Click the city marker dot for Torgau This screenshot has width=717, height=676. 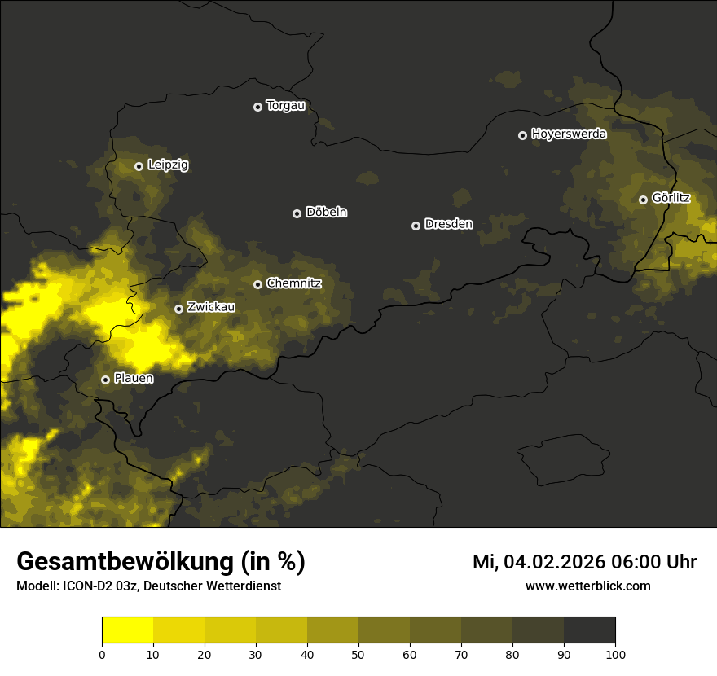257,107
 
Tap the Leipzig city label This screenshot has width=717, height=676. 168,165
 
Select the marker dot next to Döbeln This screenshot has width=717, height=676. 297,213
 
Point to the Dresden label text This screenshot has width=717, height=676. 448,224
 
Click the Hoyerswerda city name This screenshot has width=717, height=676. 569,134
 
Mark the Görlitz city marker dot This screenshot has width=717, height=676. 643,200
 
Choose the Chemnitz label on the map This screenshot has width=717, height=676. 293,283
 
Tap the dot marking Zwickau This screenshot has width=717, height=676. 178,309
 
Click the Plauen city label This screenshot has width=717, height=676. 134,379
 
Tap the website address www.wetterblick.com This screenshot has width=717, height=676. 587,586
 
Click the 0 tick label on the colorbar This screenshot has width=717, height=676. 102,653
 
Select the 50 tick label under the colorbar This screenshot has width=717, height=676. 358,653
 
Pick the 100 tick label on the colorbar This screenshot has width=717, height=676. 615,653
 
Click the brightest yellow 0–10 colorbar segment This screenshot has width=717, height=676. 127,630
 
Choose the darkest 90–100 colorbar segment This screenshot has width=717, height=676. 589,630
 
